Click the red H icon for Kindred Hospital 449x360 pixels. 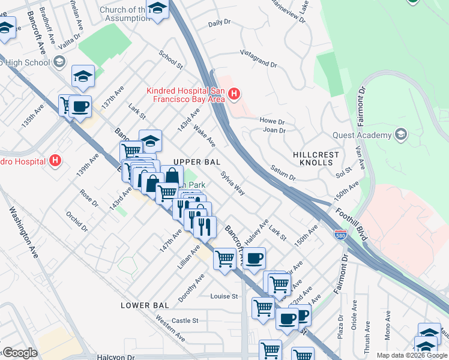[x=235, y=94]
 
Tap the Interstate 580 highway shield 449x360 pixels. [x=340, y=235]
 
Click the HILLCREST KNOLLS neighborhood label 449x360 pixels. [x=316, y=158]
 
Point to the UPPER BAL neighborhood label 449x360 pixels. [x=197, y=162]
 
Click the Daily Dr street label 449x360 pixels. [x=219, y=22]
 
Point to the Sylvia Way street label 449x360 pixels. [x=232, y=184]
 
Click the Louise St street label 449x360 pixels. [x=224, y=296]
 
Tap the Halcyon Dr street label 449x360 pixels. [x=115, y=356]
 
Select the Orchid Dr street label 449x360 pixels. [x=77, y=220]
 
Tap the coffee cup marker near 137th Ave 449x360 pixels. [x=80, y=107]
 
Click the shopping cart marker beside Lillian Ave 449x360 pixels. [x=224, y=259]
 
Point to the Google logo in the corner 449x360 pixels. [x=19, y=353]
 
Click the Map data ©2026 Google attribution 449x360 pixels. [x=411, y=355]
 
